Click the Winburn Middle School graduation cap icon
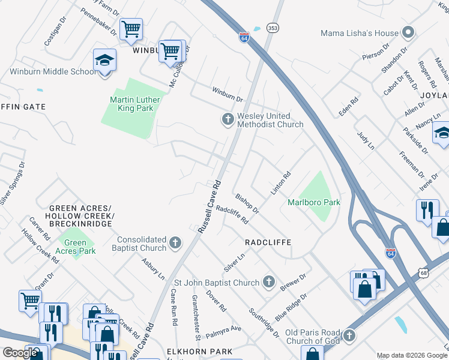104,60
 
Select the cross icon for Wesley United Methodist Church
228,120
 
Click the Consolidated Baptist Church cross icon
175,243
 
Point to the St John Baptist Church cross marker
269,282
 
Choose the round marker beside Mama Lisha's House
409,32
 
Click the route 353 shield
273,28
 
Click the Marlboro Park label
314,202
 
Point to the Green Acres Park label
76,247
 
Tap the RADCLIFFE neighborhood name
268,242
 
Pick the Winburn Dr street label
226,94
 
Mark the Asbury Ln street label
153,269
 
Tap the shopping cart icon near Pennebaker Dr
131,28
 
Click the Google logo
20,353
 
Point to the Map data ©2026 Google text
411,355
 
